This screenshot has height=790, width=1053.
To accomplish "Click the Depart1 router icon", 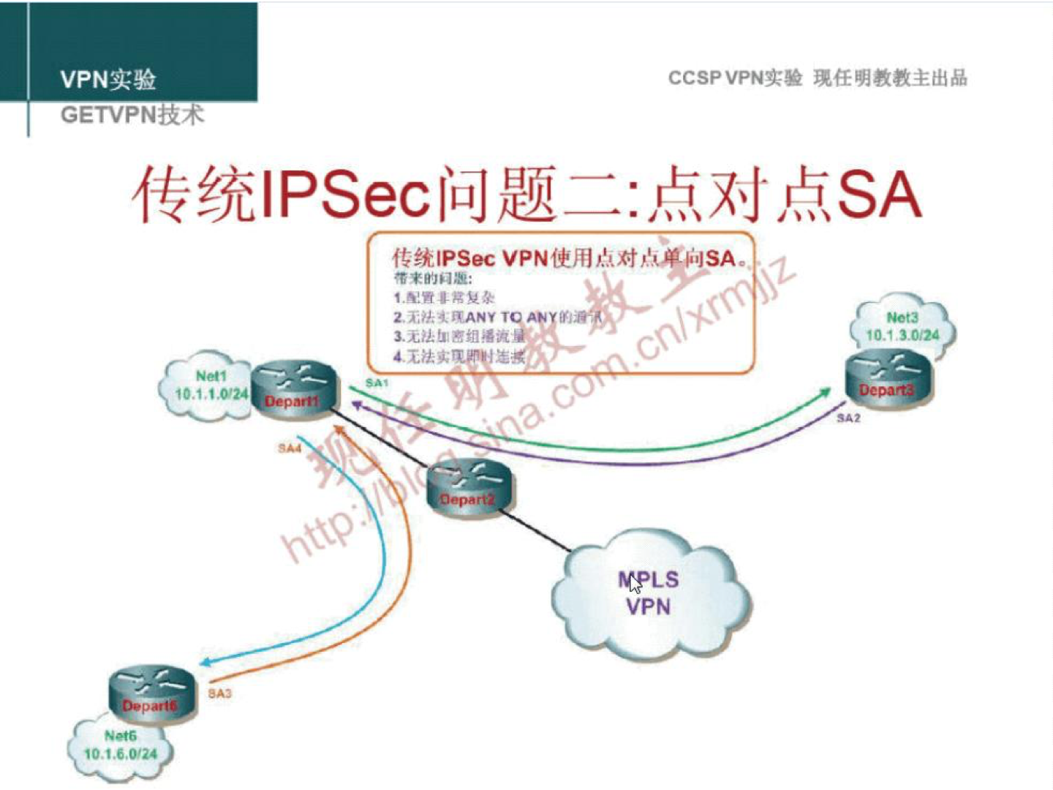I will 295,390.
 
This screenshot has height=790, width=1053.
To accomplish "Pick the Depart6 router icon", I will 151,694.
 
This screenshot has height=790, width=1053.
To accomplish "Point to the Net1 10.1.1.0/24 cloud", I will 205,388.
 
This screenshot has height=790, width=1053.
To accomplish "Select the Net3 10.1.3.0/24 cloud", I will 902,327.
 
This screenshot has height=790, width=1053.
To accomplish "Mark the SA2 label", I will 848,418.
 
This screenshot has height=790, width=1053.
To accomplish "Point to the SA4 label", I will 290,448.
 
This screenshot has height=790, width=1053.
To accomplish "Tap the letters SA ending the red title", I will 878,195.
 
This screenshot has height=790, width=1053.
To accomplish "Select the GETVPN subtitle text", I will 132,115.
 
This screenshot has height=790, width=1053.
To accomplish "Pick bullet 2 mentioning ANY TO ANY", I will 497,317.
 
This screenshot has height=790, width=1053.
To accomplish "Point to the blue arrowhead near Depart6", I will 208,663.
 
